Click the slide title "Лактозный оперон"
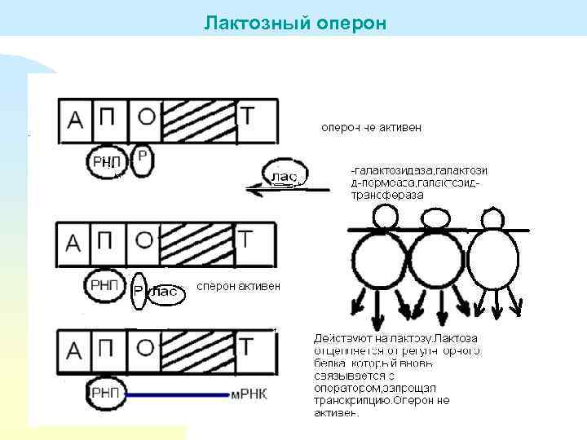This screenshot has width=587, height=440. click(x=295, y=21)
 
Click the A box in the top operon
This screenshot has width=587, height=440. click(x=75, y=121)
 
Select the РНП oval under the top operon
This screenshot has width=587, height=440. click(x=105, y=162)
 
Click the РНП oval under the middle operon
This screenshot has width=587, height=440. click(x=104, y=284)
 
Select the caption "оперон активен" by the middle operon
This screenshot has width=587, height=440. click(x=239, y=286)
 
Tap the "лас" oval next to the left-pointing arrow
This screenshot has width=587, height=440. click(x=283, y=175)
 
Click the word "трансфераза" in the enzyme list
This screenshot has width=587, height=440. click(x=388, y=196)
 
